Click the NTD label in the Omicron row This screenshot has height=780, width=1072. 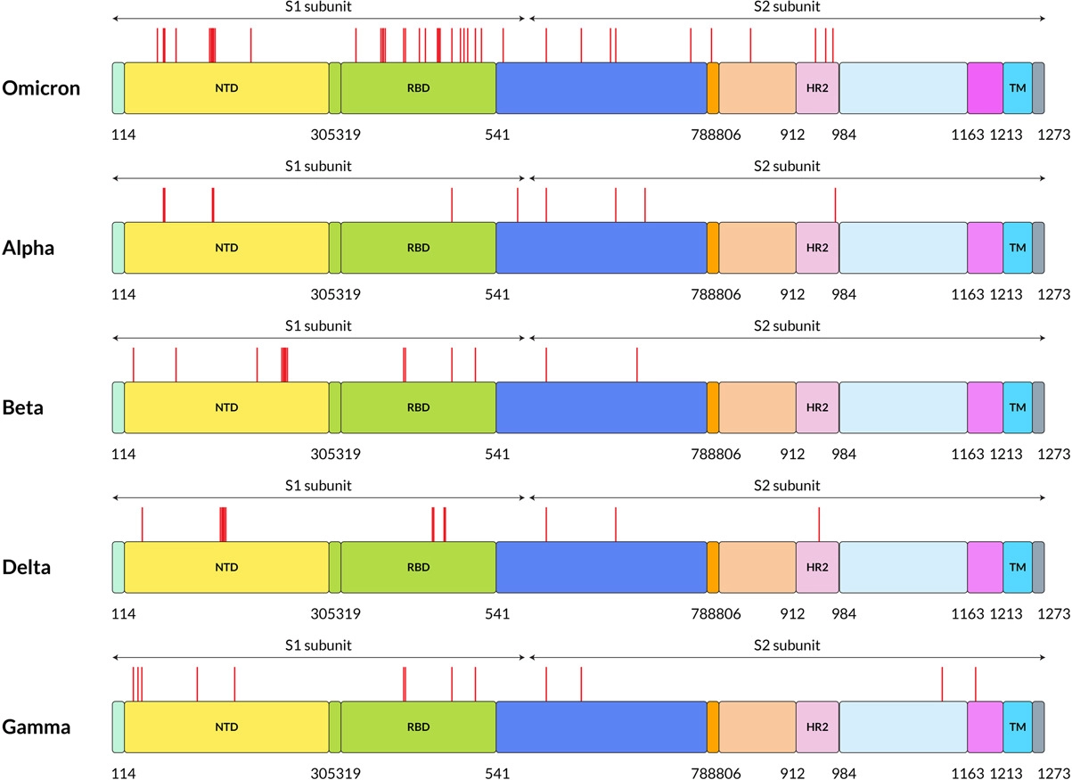tap(227, 88)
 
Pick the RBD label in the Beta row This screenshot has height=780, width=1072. tap(418, 407)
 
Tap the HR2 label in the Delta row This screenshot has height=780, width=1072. tap(817, 567)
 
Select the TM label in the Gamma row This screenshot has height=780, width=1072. tap(1017, 727)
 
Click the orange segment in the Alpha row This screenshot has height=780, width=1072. tap(713, 248)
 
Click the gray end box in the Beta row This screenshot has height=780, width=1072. tap(1038, 407)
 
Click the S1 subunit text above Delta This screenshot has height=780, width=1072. tap(318, 486)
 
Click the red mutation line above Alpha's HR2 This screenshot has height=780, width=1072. tap(835, 205)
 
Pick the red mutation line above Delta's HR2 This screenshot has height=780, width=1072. tap(819, 524)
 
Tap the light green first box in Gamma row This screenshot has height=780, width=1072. tap(118, 727)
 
